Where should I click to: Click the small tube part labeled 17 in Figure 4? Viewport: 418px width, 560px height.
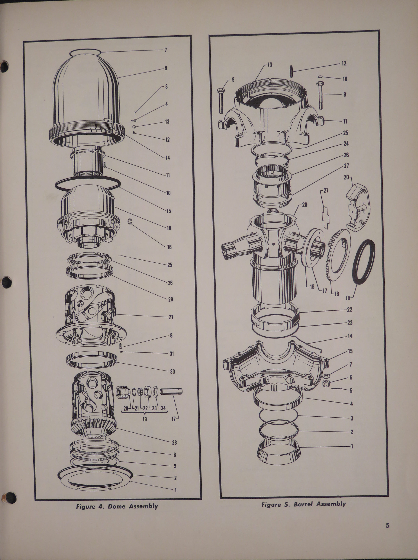[171, 392]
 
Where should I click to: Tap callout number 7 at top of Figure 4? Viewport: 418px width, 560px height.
[166, 50]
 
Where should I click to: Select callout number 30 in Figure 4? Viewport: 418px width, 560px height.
[172, 372]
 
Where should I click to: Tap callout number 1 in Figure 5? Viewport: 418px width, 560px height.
[351, 446]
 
